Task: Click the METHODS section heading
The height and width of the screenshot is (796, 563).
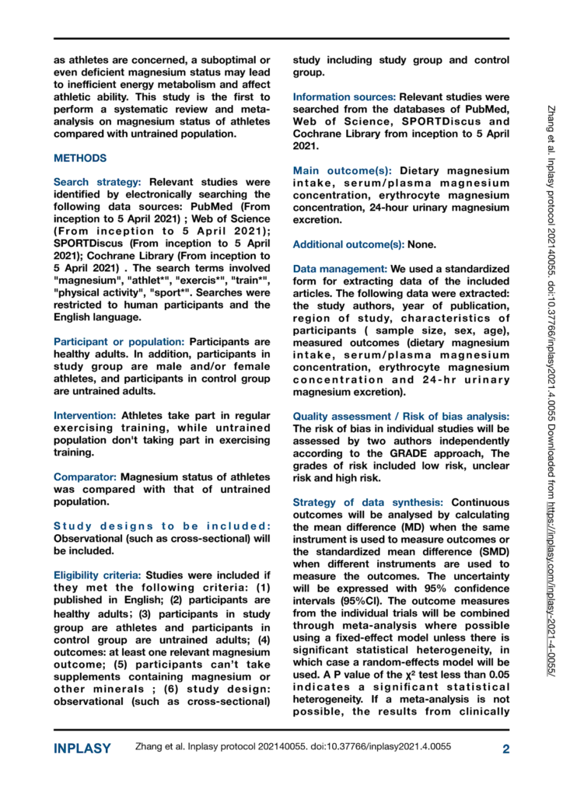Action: click(80, 158)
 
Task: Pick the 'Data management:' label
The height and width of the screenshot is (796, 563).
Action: click(340, 269)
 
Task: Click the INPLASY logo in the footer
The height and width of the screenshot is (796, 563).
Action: click(82, 749)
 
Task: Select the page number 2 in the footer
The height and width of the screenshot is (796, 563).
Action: click(505, 749)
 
